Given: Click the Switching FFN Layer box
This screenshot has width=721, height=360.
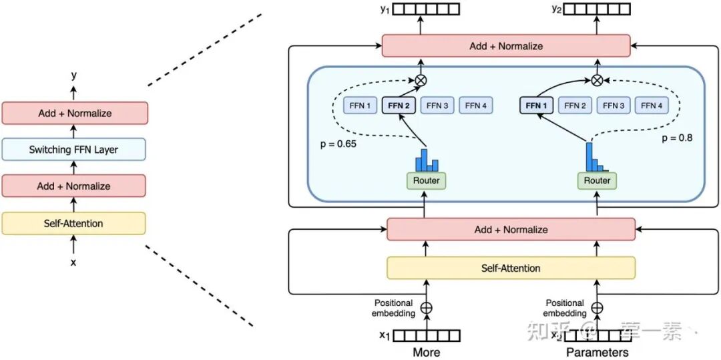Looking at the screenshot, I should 73,150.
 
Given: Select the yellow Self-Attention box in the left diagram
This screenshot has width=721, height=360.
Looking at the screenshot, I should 73,223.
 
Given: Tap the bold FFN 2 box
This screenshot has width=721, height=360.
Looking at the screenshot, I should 399,106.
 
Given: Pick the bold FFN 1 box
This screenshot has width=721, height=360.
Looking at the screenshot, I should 537,106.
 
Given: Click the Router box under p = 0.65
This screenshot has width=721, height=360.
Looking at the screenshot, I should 426,180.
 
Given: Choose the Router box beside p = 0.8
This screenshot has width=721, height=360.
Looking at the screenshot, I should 597,180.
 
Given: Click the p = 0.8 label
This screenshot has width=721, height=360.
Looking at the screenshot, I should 676,138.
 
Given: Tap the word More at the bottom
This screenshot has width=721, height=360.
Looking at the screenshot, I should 426,352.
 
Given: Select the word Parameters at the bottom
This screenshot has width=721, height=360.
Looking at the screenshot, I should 597,352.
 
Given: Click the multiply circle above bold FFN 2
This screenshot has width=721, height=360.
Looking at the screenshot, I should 421,80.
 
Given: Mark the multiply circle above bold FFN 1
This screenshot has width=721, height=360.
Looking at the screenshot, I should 597,80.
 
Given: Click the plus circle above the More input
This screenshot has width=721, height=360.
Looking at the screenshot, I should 426,308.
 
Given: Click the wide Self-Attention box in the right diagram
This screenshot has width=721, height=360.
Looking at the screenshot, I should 511,268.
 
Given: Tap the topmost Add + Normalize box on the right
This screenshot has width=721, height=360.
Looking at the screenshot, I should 505,46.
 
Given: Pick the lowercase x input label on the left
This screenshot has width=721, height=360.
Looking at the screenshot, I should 73,262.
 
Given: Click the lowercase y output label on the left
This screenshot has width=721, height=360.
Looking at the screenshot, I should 73,75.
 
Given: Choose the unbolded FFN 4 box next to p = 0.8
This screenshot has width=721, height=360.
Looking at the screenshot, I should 652,106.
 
